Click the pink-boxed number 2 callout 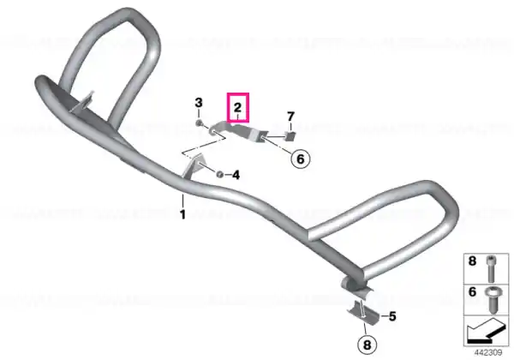click(x=237, y=107)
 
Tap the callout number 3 click(x=199, y=103)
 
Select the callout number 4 click(x=236, y=175)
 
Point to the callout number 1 click(x=182, y=214)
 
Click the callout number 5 click(x=392, y=316)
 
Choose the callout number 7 click(x=290, y=117)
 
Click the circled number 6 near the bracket click(x=301, y=159)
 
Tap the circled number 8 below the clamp click(x=367, y=345)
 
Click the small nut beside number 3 click(x=199, y=123)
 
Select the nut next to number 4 click(x=220, y=174)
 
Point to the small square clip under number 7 click(x=290, y=135)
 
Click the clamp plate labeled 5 click(x=363, y=312)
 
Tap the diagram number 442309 click(x=487, y=352)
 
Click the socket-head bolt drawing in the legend click(x=491, y=268)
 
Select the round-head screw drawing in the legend click(x=491, y=299)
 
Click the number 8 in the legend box click(x=472, y=261)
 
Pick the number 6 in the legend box click(x=472, y=291)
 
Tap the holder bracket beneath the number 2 click(x=239, y=132)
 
